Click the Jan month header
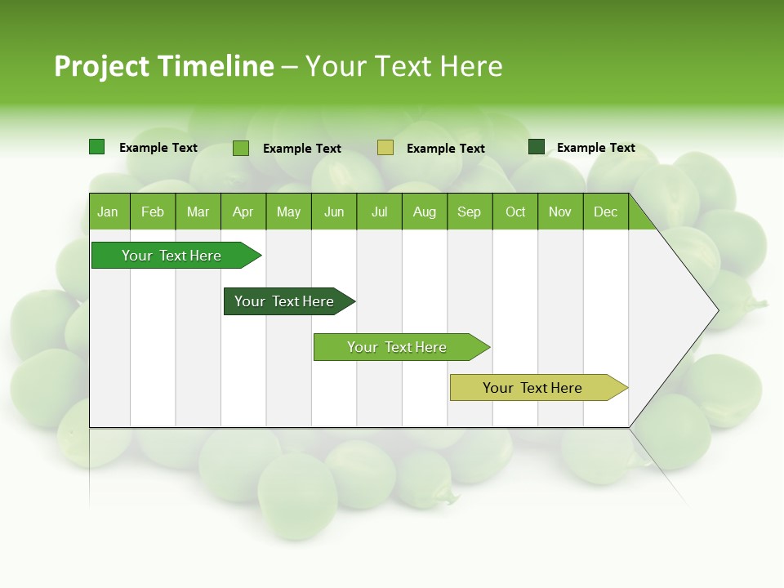pos(109,212)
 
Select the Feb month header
pos(153,212)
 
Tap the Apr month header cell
pos(243,212)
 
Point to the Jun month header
pos(334,212)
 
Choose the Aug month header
pos(425,212)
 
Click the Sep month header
pos(470,212)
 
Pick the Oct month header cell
pos(515,212)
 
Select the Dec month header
pos(606,212)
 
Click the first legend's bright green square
pos(96,147)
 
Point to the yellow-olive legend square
pos(385,147)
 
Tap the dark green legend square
pos(537,147)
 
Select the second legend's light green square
pos(241,148)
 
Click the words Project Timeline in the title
pos(164,66)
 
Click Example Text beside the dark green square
pos(596,148)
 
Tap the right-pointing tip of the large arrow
pos(716,310)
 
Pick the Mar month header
pos(198,212)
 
